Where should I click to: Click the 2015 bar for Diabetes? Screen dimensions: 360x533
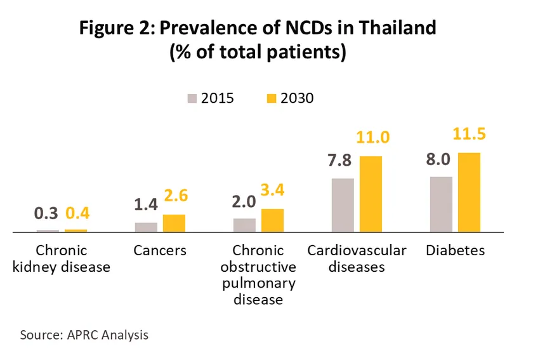[441, 204]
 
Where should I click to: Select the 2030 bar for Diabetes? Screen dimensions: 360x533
[470, 192]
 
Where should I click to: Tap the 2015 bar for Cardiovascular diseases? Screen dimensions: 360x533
[343, 205]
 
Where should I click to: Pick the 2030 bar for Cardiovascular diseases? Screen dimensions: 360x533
[371, 194]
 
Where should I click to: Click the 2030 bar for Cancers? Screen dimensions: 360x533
[174, 223]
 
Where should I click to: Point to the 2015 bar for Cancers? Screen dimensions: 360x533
[146, 227]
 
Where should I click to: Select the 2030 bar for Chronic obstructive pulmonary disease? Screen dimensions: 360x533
[272, 220]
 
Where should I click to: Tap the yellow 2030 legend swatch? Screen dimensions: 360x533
[271, 98]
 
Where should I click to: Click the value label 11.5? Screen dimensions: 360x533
[470, 135]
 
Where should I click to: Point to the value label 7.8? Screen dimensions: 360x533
[343, 161]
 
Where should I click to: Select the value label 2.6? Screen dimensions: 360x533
[174, 197]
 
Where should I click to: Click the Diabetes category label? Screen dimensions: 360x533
[456, 250]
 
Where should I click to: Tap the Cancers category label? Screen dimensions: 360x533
[160, 250]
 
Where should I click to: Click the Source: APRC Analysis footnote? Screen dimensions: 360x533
[84, 334]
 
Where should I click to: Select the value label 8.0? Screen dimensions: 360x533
[441, 159]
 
